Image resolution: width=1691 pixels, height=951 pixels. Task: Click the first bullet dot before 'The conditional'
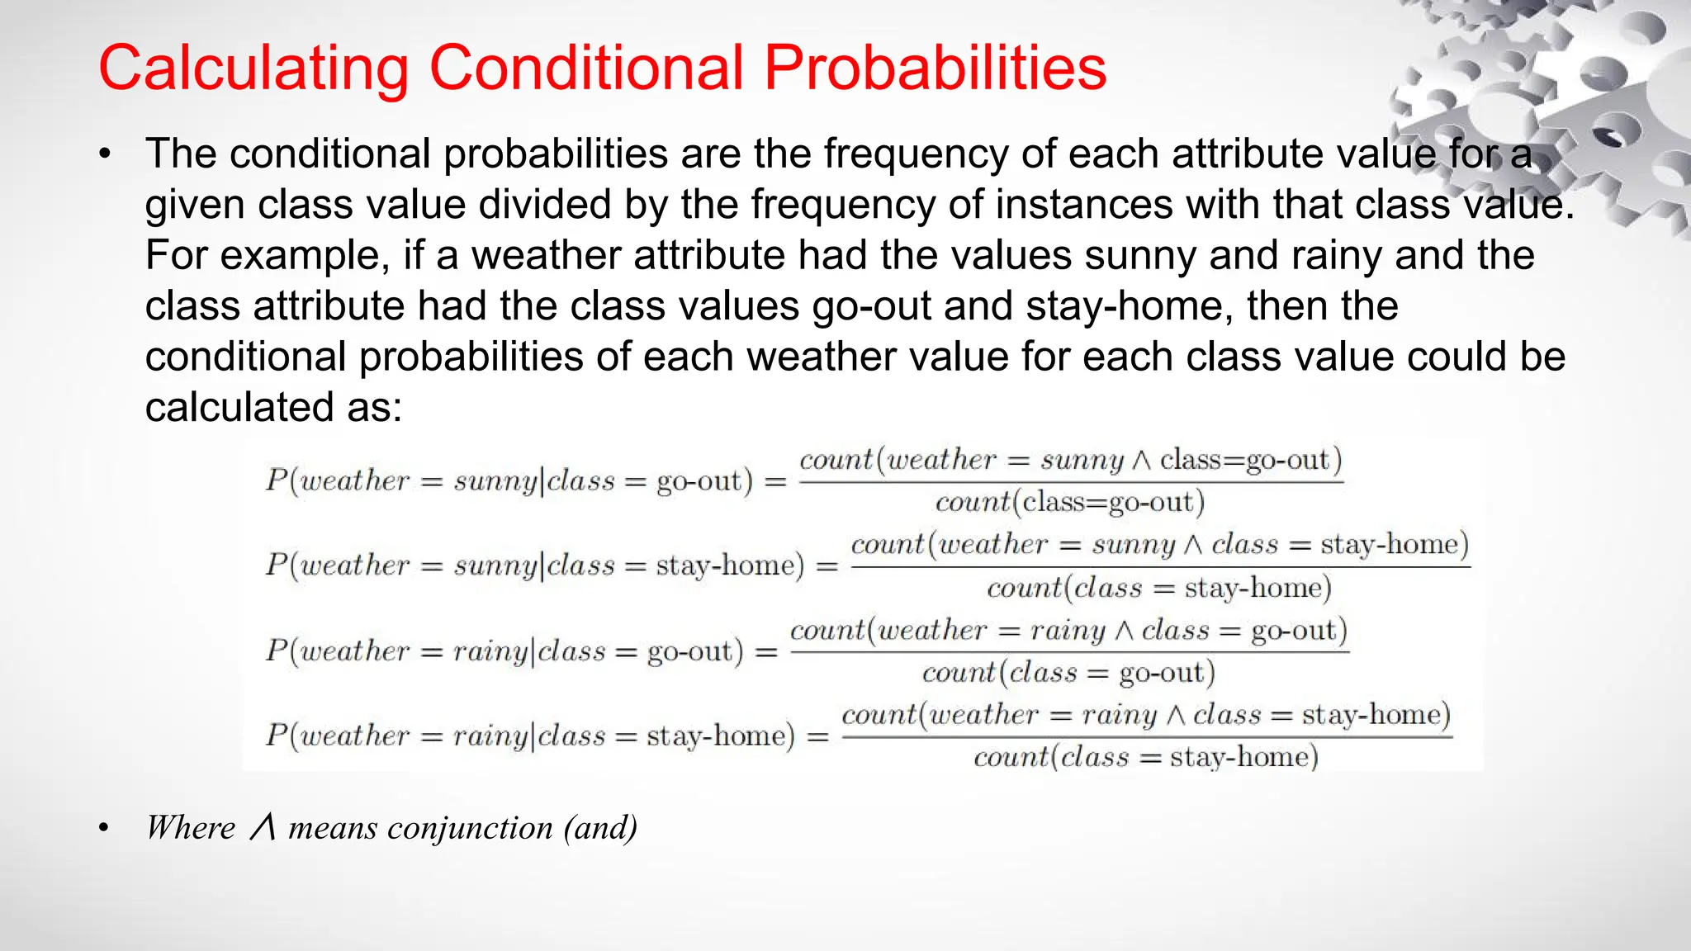[x=104, y=155]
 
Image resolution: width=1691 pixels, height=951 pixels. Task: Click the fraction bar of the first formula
[x=1071, y=481]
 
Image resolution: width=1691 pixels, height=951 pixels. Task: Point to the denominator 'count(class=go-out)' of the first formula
[x=1070, y=503]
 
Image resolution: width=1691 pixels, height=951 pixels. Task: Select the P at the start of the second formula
[x=276, y=565]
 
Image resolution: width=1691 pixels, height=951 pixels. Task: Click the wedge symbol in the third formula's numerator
[x=1124, y=632]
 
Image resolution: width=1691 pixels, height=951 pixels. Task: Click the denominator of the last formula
[x=1145, y=758]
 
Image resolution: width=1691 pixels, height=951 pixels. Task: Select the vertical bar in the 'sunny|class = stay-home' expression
[x=542, y=565]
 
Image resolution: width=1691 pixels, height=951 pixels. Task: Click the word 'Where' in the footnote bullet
[x=191, y=828]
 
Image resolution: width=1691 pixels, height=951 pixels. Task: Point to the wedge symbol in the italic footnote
[x=263, y=828]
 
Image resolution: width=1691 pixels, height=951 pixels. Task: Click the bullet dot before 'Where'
[x=104, y=829]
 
